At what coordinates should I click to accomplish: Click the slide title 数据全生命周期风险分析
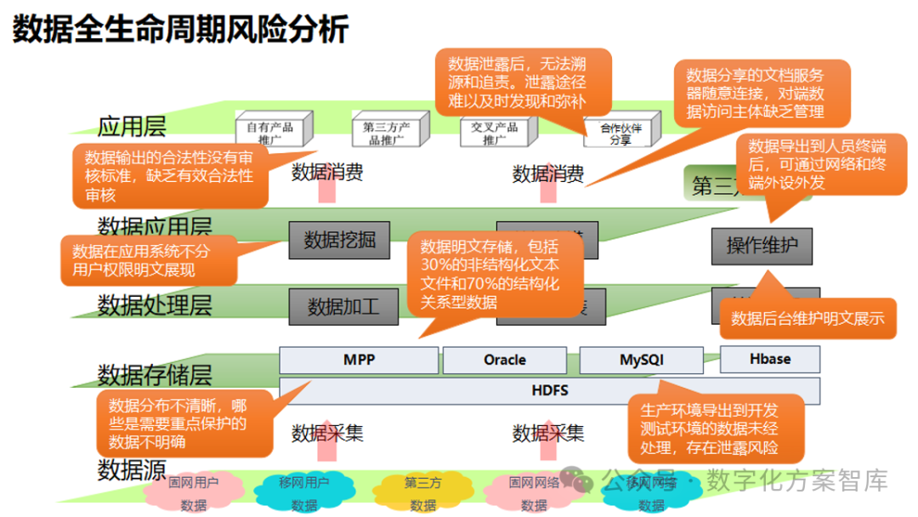click(x=180, y=30)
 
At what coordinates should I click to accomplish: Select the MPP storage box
click(x=360, y=360)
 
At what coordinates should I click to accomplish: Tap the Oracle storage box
click(x=505, y=360)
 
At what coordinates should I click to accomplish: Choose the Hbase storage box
click(x=769, y=359)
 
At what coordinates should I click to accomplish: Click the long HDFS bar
click(x=549, y=391)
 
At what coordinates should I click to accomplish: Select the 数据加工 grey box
click(x=343, y=306)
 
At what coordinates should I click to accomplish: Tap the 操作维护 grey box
click(x=762, y=247)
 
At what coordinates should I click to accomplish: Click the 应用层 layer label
click(x=132, y=128)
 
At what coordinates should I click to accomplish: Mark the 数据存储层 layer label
click(x=155, y=375)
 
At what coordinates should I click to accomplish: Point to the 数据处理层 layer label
click(x=155, y=304)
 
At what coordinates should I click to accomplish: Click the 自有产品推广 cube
click(x=269, y=131)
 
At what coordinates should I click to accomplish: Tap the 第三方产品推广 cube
click(x=386, y=131)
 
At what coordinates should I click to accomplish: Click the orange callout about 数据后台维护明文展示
click(x=807, y=319)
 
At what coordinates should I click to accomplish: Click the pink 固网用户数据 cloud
click(x=193, y=492)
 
